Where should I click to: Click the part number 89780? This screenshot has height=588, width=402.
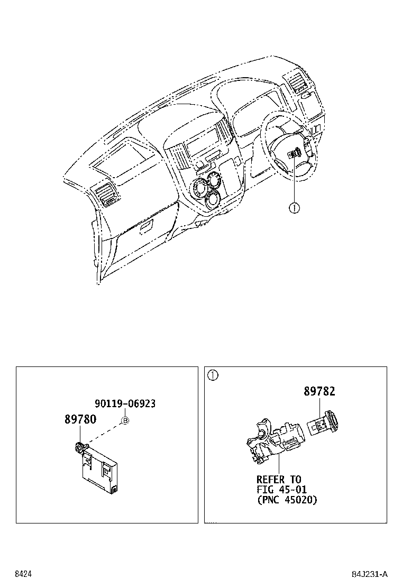(80, 419)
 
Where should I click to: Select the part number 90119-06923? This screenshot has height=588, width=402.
(125, 404)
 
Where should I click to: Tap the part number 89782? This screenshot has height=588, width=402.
(319, 391)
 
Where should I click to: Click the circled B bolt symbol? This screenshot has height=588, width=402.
(125, 421)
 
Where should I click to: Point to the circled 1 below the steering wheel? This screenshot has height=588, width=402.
(294, 208)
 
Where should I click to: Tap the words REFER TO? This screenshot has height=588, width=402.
(279, 480)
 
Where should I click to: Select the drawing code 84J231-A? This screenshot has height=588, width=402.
(370, 574)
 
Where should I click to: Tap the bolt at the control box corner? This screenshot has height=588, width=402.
(79, 448)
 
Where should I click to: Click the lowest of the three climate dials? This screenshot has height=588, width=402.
(213, 200)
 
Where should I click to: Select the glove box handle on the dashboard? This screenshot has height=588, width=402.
(144, 228)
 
